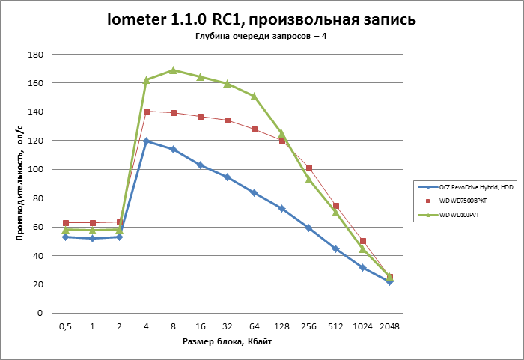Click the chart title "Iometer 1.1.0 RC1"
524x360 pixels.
coord(261,20)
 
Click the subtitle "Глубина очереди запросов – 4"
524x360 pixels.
coord(262,37)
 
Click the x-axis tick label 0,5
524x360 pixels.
coord(66,326)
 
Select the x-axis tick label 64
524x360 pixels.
coord(255,326)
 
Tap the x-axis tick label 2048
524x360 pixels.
coord(389,326)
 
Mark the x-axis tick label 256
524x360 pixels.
coord(308,326)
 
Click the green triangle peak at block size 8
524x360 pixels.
coord(174,70)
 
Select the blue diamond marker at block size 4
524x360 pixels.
coord(147,141)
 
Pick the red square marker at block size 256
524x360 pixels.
coord(308,168)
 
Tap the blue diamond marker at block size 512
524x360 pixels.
coord(335,248)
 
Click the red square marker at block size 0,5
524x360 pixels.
coord(66,223)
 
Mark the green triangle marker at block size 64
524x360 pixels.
coord(255,96)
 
